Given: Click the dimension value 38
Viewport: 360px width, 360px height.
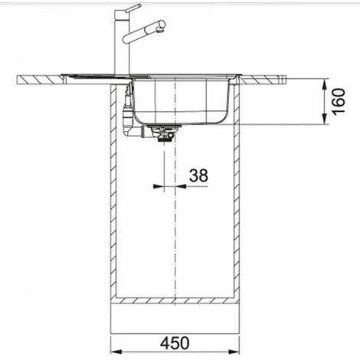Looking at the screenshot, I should (198, 175).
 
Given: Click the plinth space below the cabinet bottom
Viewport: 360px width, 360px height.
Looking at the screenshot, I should (177, 314).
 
